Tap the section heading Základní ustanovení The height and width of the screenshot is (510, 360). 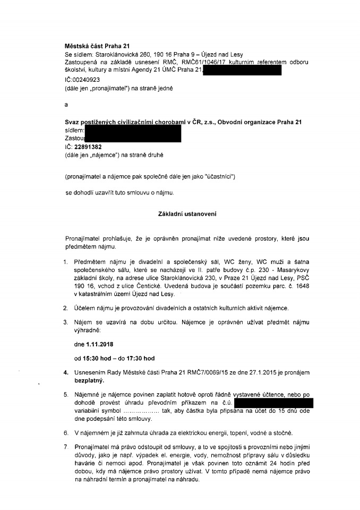[x=180, y=214]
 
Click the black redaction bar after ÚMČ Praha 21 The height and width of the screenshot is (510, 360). [x=242, y=70]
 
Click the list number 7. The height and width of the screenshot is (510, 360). [x=66, y=456]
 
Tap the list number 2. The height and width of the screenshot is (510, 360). [x=66, y=308]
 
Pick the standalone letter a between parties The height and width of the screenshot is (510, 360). [x=66, y=105]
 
